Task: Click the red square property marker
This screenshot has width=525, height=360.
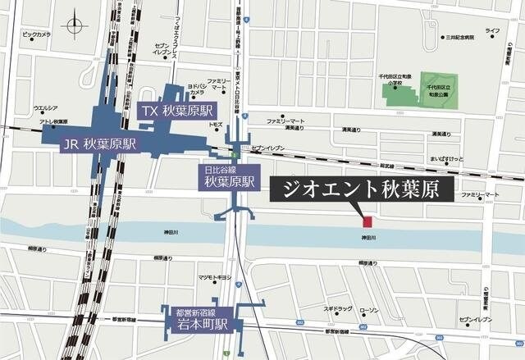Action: point(367,221)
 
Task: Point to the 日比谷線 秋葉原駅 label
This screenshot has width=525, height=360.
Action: point(229,176)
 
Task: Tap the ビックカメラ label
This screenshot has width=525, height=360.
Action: point(36,34)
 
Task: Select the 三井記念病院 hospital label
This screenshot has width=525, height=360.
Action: point(460,38)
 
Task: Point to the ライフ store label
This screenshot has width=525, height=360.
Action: point(492,30)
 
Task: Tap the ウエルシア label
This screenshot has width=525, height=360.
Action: point(45,108)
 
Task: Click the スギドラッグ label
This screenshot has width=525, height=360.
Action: point(337,309)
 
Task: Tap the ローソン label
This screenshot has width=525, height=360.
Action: point(368,309)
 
